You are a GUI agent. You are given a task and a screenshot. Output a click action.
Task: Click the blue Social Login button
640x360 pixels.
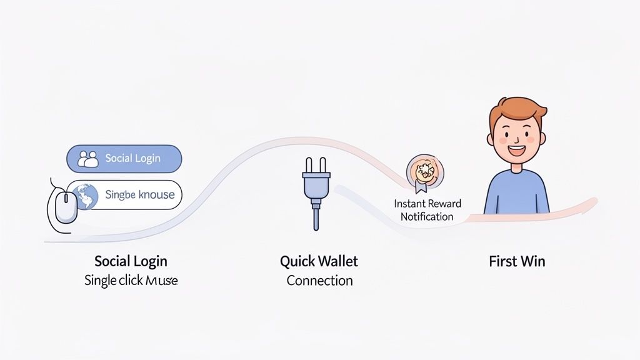(x=123, y=159)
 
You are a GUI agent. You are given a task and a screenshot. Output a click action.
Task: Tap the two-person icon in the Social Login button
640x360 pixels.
(x=88, y=159)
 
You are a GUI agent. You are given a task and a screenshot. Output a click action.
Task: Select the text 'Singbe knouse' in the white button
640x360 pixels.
(x=140, y=194)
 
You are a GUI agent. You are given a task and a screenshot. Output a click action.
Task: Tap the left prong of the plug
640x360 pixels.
(x=307, y=164)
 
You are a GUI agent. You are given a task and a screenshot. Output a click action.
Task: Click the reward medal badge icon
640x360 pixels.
(x=424, y=171)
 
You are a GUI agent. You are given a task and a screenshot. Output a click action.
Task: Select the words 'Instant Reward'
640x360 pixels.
(x=427, y=204)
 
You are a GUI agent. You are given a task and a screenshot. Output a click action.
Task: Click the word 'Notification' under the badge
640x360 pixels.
(x=427, y=217)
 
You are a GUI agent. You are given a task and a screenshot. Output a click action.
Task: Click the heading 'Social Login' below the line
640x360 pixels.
(x=131, y=261)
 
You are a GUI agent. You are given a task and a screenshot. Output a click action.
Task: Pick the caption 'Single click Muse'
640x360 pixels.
(x=131, y=281)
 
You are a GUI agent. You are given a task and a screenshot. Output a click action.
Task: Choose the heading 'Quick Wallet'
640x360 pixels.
(x=319, y=261)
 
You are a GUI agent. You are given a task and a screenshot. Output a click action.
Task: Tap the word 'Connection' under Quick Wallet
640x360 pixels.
(x=319, y=281)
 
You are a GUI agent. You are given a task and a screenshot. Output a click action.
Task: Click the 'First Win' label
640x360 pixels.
(x=517, y=261)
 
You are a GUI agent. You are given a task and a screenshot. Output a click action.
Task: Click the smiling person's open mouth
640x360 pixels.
(x=517, y=151)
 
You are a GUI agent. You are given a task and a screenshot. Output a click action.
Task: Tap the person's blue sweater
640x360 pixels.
(x=516, y=194)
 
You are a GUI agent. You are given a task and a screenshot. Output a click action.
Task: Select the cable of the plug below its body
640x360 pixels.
(x=316, y=216)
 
